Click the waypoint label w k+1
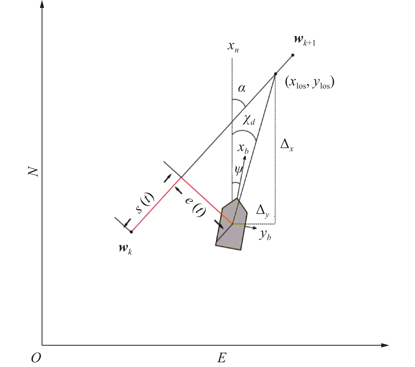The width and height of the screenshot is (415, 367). coord(304,41)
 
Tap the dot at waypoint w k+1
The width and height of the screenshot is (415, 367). coord(293,55)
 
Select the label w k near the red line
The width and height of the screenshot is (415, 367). coord(125,249)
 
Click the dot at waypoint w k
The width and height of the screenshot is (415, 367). coord(131,232)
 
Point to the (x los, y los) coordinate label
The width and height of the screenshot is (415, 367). coord(310,82)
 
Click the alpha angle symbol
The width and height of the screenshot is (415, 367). coord(242,88)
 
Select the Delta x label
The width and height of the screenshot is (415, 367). coord(287,145)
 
